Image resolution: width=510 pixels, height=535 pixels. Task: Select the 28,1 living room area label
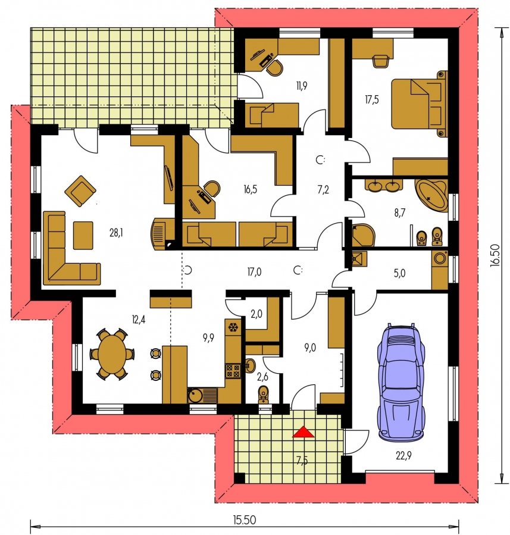[x=116, y=233]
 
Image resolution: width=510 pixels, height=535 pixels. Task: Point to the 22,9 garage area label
[x=403, y=455]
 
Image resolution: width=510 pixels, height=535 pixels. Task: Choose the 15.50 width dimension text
[x=244, y=520]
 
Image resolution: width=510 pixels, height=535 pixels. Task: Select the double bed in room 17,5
[x=420, y=104]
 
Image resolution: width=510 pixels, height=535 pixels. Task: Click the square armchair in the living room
[x=80, y=191]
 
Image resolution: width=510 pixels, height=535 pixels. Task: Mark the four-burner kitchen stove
[x=233, y=371]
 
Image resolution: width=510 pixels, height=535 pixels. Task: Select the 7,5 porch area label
[x=302, y=461]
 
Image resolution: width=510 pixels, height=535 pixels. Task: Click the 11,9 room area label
[x=302, y=86]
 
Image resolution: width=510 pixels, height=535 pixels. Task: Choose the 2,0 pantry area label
[x=256, y=314]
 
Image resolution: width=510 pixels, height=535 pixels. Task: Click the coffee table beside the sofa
[x=83, y=236]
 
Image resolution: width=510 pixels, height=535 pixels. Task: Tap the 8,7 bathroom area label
[x=399, y=213]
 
